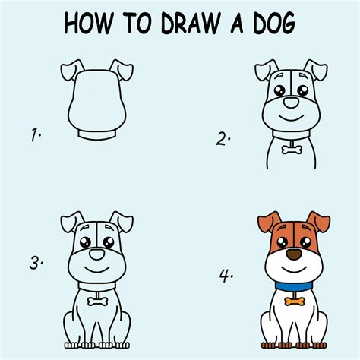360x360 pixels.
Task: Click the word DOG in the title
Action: pyautogui.click(x=274, y=23)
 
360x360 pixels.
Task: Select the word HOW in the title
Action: pyautogui.click(x=89, y=23)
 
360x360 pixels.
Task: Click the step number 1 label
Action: pyautogui.click(x=36, y=135)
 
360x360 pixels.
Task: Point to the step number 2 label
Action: pyautogui.click(x=223, y=139)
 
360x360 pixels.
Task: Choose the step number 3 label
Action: pyautogui.click(x=36, y=263)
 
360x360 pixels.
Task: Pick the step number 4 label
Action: pyautogui.click(x=226, y=276)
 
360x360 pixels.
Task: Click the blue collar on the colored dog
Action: pyautogui.click(x=294, y=286)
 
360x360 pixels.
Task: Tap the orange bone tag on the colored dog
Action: pyautogui.click(x=295, y=302)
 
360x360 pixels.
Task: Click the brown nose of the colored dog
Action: pyautogui.click(x=294, y=254)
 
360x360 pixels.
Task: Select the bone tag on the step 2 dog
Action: pyautogui.click(x=292, y=150)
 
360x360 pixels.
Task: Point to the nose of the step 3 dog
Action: pyautogui.click(x=97, y=254)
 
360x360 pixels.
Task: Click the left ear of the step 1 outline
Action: pyautogui.click(x=72, y=71)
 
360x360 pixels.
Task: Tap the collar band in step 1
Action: pyautogui.click(x=97, y=135)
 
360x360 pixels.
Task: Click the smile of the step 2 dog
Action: pyautogui.click(x=291, y=118)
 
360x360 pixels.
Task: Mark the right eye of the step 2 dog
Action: pyautogui.click(x=303, y=90)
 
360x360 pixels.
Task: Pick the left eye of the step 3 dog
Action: pyautogui.click(x=85, y=242)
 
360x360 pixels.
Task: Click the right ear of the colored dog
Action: pyautogui.click(x=318, y=222)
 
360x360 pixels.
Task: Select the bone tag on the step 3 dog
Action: pyautogui.click(x=97, y=302)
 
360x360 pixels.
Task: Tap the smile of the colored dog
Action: pyautogui.click(x=294, y=269)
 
